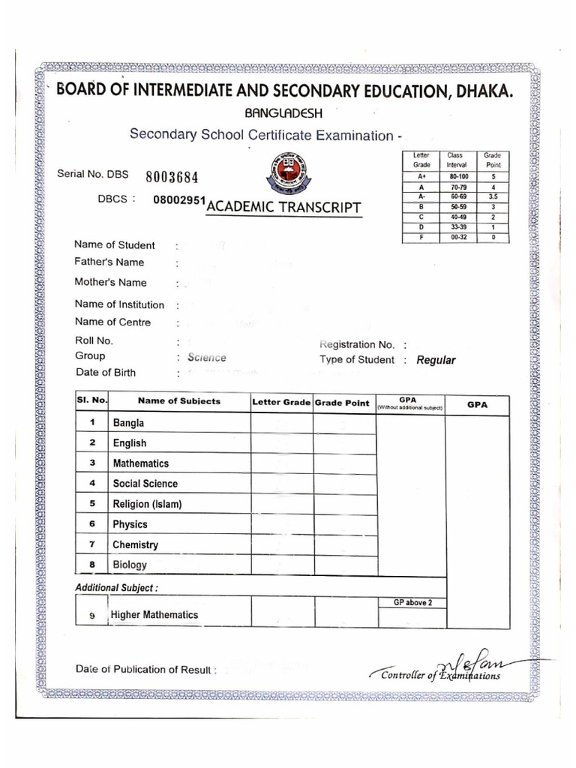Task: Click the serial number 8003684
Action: [x=172, y=178]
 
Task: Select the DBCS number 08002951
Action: [x=178, y=202]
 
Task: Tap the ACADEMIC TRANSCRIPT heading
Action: [x=283, y=207]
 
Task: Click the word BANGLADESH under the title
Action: [x=279, y=113]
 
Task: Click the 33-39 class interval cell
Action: [x=457, y=227]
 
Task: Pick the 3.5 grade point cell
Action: [x=492, y=196]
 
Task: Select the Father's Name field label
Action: [x=109, y=262]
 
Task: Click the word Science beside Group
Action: [x=207, y=358]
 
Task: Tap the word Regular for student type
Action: [x=436, y=360]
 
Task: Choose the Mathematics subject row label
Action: [x=141, y=463]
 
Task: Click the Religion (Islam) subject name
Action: [x=147, y=504]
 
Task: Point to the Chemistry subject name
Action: [x=135, y=544]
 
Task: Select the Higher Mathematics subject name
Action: [x=154, y=615]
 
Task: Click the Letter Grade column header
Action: [x=281, y=403]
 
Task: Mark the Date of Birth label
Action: [x=106, y=373]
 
